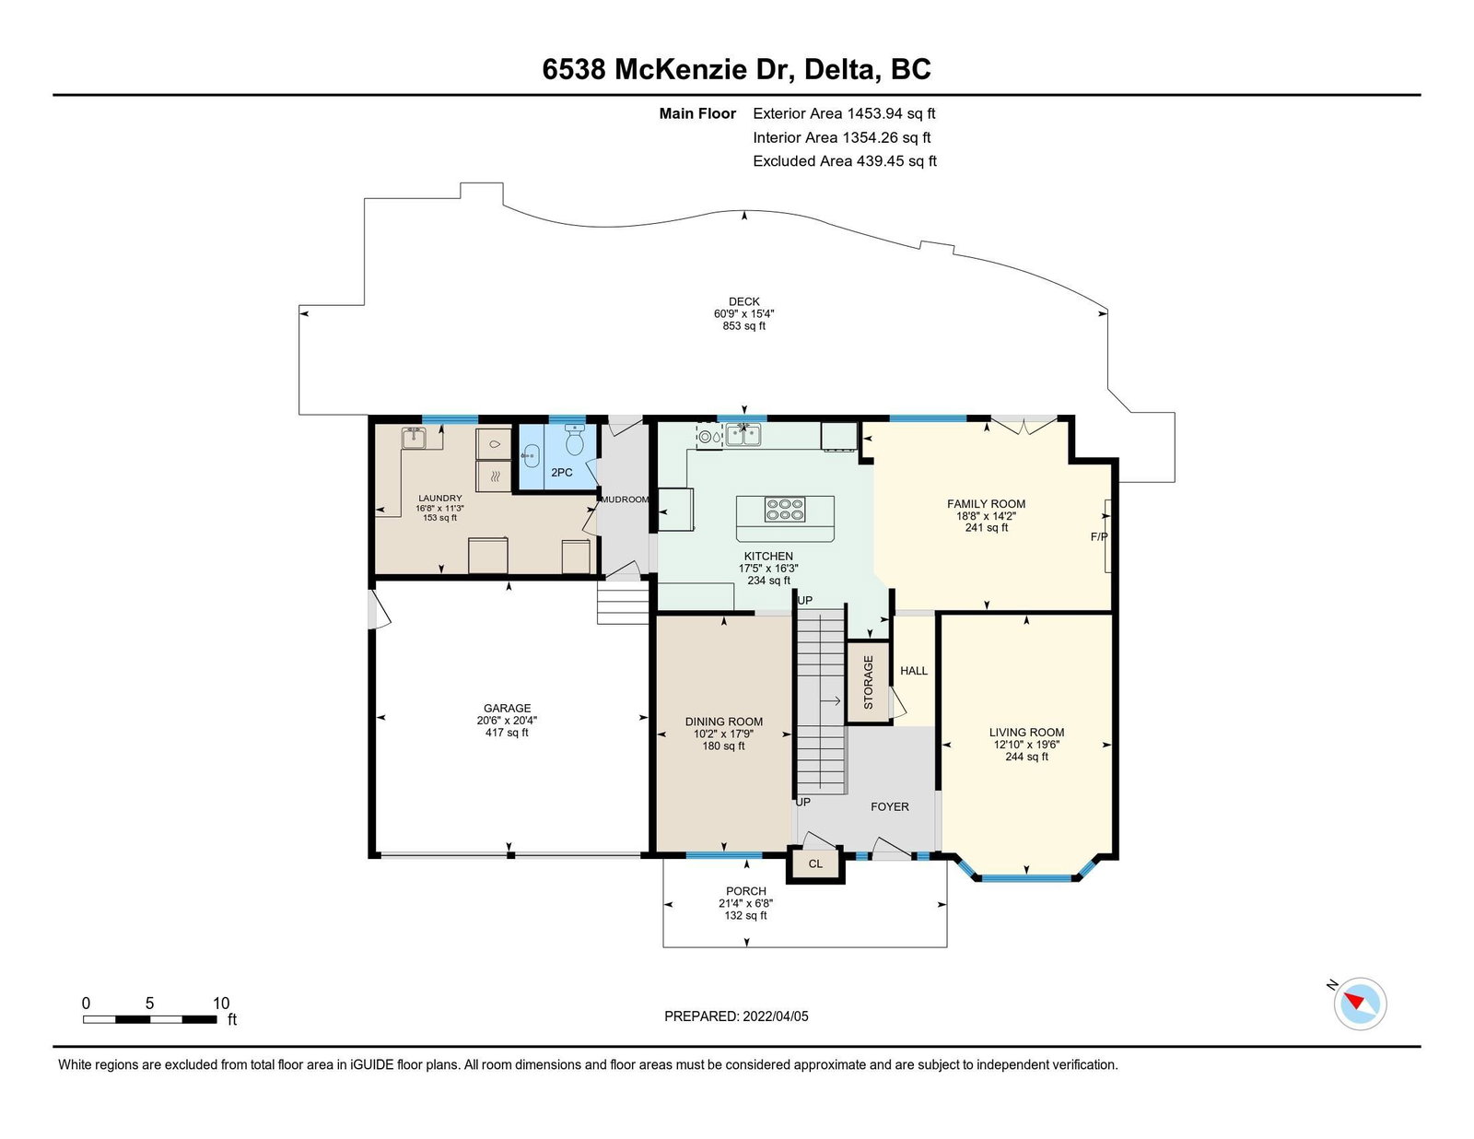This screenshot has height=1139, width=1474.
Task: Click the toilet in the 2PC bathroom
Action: click(575, 440)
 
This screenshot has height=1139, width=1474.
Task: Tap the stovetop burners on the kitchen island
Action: click(785, 510)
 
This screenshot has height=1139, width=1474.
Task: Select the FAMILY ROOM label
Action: click(986, 504)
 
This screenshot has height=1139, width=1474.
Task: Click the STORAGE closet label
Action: click(868, 682)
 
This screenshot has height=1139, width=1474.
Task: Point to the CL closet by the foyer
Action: click(815, 863)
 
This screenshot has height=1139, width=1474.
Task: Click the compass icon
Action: click(1360, 1004)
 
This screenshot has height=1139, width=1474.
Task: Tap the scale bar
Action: click(150, 1019)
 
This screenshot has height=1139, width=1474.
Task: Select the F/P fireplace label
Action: click(1099, 536)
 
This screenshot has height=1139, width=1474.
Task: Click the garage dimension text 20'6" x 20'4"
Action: click(507, 721)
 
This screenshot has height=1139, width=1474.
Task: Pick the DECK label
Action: click(744, 301)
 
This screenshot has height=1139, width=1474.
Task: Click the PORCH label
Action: click(746, 891)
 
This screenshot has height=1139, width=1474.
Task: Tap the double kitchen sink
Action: click(744, 436)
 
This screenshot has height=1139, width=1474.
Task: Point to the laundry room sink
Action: click(413, 439)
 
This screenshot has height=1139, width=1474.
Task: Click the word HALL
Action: click(914, 671)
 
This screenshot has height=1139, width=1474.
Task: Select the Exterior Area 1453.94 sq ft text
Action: click(844, 113)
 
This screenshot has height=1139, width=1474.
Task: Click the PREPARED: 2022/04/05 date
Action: click(736, 1016)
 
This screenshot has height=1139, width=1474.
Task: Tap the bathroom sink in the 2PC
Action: click(531, 456)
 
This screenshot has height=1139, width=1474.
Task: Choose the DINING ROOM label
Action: click(724, 722)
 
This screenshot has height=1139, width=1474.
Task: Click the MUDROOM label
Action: click(625, 499)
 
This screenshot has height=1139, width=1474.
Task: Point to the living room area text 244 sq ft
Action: click(1026, 757)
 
